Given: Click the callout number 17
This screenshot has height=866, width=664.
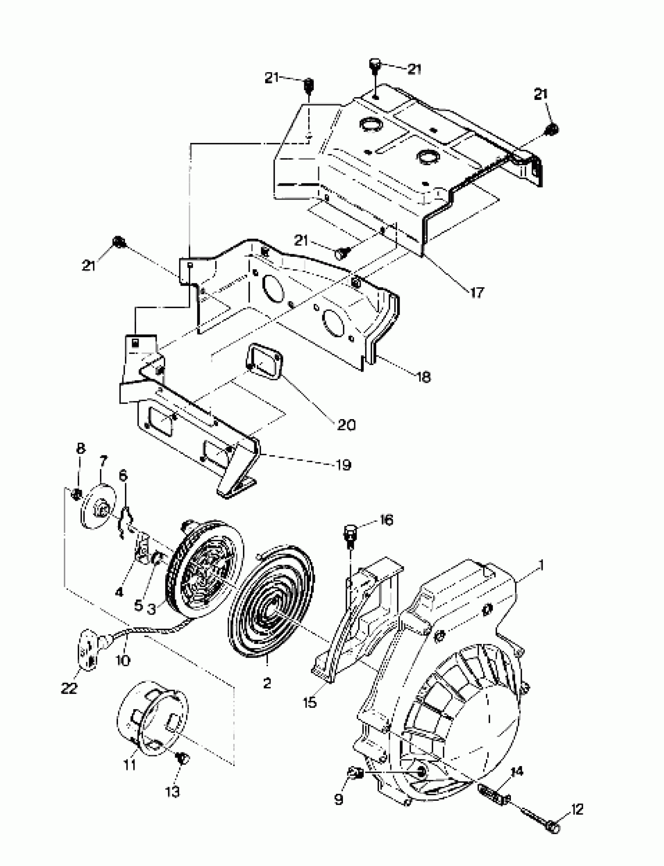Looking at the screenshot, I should [x=477, y=293].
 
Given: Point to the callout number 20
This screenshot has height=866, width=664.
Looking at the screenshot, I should [x=346, y=425].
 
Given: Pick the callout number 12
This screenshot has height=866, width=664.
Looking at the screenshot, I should [x=577, y=809].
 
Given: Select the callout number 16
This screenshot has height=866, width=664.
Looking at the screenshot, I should [x=386, y=520].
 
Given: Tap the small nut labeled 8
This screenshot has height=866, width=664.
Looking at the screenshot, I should [x=77, y=493].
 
